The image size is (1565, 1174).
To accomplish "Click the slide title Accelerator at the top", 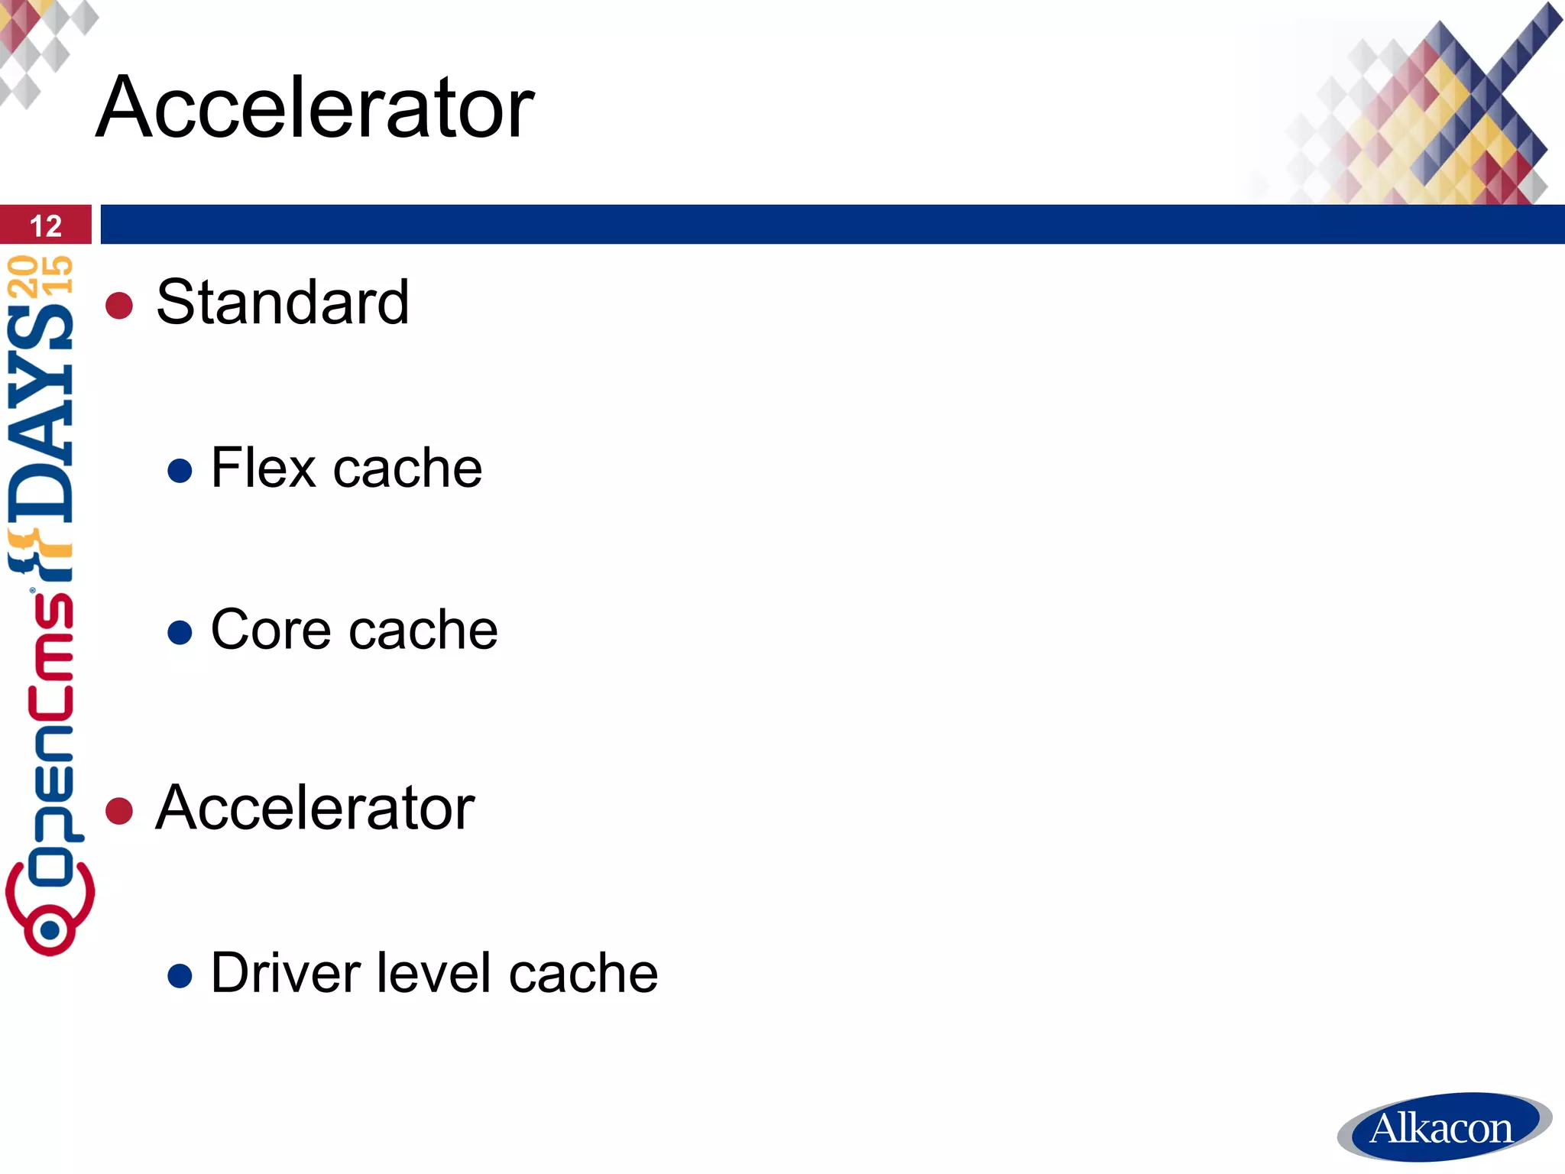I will tap(315, 108).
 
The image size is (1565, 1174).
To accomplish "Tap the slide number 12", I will tap(46, 225).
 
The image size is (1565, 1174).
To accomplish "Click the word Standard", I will tap(283, 303).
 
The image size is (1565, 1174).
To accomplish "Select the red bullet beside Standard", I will tap(119, 306).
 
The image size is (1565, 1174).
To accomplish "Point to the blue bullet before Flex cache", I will tap(180, 470).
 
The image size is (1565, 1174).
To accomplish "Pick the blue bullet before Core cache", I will tap(180, 632).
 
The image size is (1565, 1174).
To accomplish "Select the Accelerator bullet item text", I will tap(315, 808).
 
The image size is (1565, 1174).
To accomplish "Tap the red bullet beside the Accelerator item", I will tap(119, 811).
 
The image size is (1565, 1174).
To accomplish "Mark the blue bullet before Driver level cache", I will tap(180, 976).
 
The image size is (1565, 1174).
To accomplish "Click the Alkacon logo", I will tap(1443, 1127).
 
